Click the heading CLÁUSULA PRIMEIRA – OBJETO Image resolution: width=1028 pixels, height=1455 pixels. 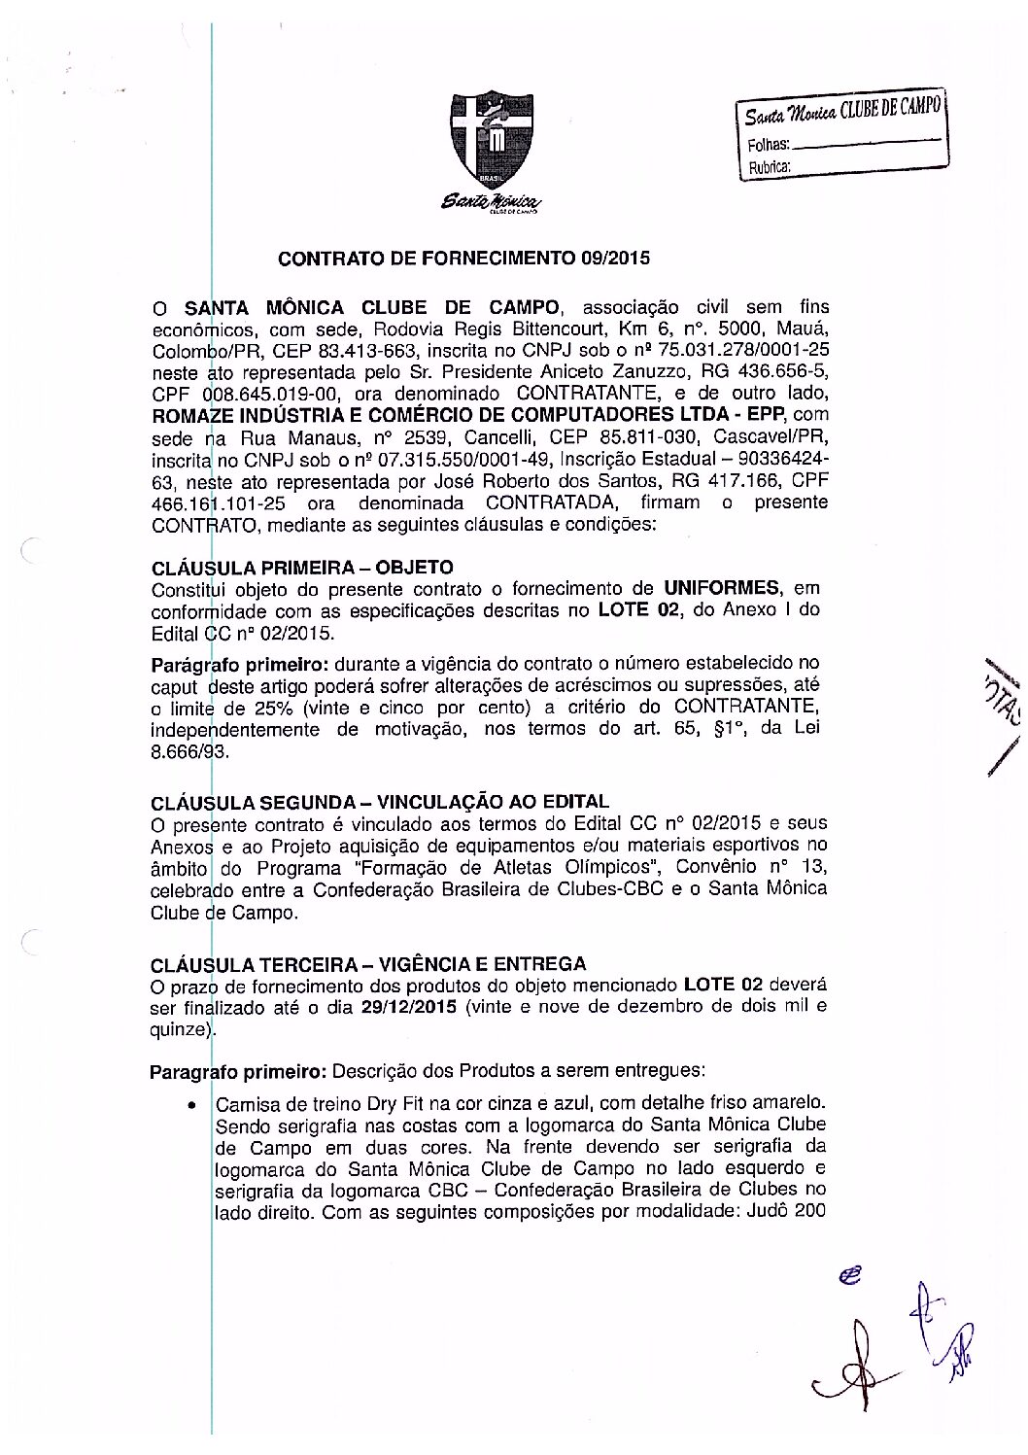[x=301, y=567]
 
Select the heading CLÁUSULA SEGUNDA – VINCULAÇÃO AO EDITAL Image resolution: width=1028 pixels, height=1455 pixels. [x=381, y=803]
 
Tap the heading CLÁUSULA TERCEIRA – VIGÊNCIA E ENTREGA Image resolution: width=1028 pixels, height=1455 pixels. [x=369, y=965]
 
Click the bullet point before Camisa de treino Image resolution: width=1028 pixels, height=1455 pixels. [x=194, y=1105]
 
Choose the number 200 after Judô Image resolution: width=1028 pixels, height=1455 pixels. [x=809, y=1212]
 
